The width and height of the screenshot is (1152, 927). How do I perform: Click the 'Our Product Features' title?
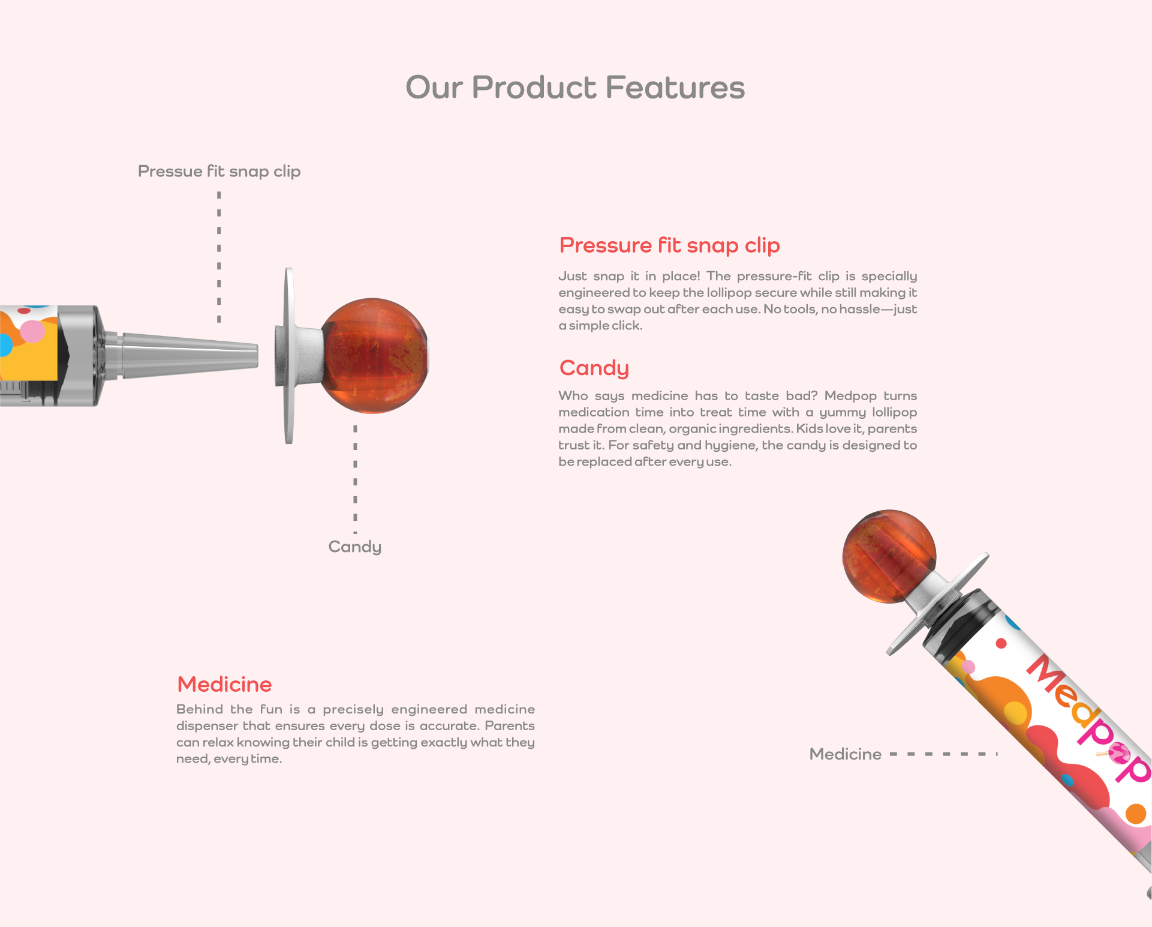click(x=575, y=88)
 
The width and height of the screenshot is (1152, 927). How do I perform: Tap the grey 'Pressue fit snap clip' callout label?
click(x=219, y=172)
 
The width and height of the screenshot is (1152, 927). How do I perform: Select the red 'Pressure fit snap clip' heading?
click(x=669, y=245)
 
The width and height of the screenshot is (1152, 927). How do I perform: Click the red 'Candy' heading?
click(x=594, y=368)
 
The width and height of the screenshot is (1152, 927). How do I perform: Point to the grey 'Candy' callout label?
click(x=354, y=547)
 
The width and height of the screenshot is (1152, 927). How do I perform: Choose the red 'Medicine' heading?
click(x=224, y=684)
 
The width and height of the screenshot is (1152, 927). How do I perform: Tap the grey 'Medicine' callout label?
click(x=845, y=754)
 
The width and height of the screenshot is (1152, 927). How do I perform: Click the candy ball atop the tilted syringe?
click(x=889, y=556)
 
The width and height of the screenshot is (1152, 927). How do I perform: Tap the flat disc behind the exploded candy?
click(x=288, y=356)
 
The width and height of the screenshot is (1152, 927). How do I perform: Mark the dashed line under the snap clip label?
click(x=219, y=257)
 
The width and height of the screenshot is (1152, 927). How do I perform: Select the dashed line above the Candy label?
click(x=355, y=479)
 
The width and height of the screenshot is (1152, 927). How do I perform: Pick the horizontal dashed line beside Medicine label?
click(x=943, y=754)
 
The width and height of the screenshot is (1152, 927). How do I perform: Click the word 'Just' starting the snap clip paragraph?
click(x=573, y=276)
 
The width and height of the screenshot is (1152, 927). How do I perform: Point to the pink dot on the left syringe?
click(x=32, y=331)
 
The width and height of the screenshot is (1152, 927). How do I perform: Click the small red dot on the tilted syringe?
click(x=1001, y=644)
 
